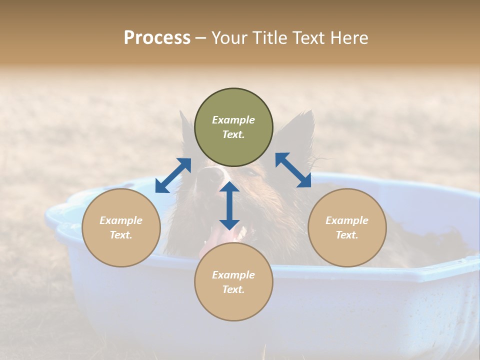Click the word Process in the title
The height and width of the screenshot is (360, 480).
[157, 38]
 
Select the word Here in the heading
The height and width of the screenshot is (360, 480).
[349, 38]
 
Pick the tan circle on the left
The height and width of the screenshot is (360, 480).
[121, 227]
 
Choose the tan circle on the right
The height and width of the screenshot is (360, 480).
[347, 227]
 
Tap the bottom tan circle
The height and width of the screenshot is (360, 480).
[233, 282]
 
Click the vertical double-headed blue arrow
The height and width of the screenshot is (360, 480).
[229, 205]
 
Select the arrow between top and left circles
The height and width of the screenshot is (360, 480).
[173, 175]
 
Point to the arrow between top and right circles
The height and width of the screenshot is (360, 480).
[293, 170]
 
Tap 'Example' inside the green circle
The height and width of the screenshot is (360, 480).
[233, 120]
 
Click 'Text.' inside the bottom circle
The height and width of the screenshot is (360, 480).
[233, 289]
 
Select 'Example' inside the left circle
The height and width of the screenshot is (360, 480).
[121, 220]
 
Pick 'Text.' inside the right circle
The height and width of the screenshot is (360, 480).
[347, 235]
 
